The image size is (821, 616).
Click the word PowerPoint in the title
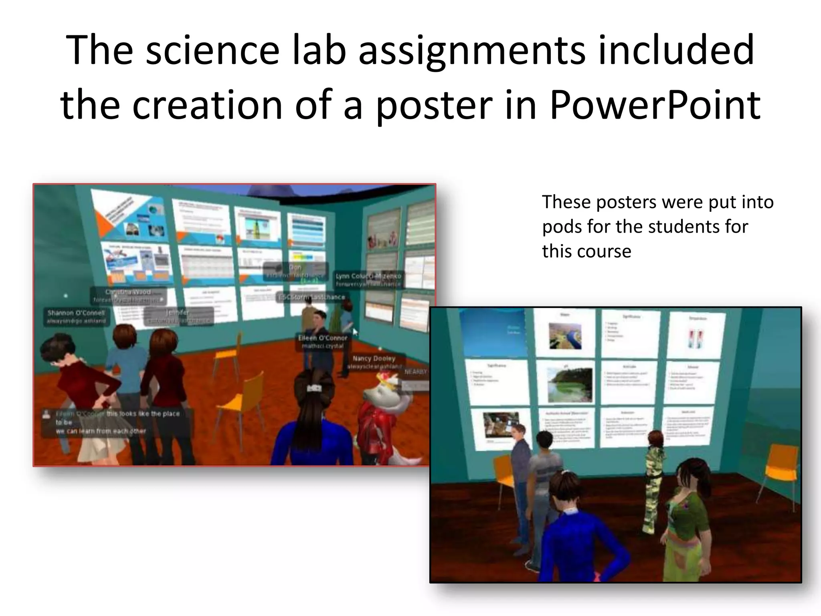click(655, 105)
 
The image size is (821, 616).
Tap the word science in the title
click(212, 50)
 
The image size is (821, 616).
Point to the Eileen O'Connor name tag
click(322, 342)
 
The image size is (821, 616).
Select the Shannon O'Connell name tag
click(76, 316)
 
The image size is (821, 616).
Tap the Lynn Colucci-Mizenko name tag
click(368, 280)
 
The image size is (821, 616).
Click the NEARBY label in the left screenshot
click(415, 372)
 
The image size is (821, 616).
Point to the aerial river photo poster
click(565, 336)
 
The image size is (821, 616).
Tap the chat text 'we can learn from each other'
click(101, 431)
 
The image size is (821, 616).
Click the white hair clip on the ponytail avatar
click(312, 388)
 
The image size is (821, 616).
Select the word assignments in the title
click(472, 50)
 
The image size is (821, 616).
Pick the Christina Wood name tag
click(128, 296)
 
